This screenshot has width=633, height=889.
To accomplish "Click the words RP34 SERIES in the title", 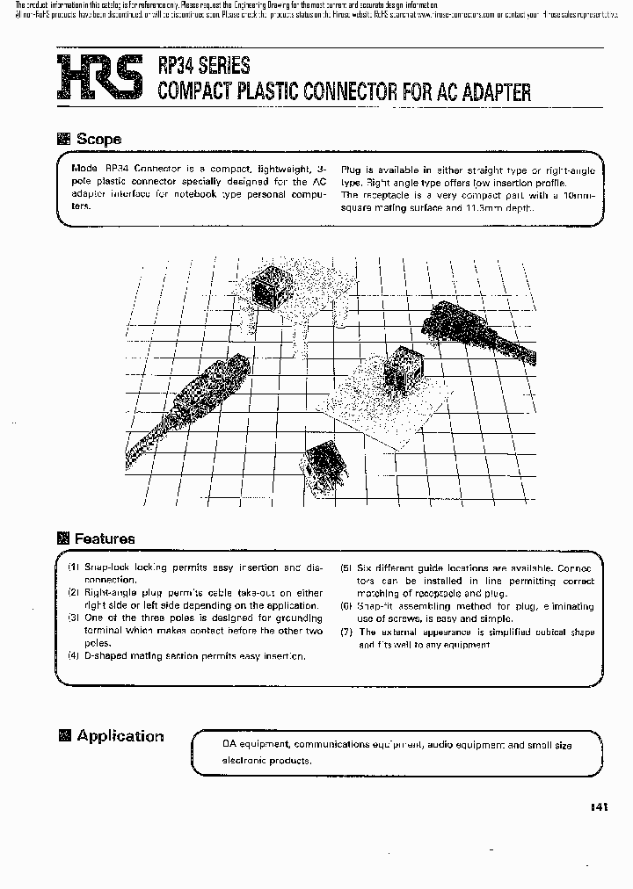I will point(203,65).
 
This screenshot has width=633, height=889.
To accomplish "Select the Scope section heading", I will point(98,139).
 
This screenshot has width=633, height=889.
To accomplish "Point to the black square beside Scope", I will point(63,139).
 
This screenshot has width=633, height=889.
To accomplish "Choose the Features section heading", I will point(104,538).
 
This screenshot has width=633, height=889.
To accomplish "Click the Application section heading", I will point(120,736).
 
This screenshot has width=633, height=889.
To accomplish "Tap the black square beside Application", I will point(63,736).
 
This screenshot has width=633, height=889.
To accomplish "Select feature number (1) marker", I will point(75,567).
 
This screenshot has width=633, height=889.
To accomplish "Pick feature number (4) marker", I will point(75,656).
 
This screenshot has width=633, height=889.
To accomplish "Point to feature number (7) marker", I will point(347,632).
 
